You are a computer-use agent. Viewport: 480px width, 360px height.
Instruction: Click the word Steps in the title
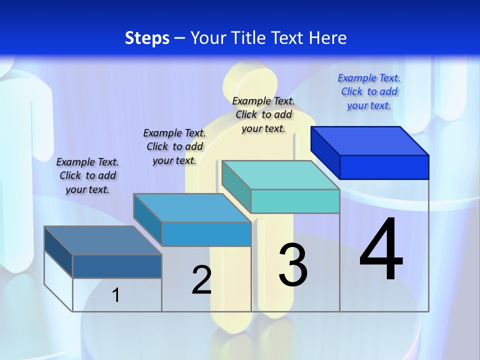click(x=147, y=38)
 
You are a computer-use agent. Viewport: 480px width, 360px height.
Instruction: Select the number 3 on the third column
click(x=293, y=265)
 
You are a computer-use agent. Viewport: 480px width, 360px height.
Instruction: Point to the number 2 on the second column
click(x=201, y=280)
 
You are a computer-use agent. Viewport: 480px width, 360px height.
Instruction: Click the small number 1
click(x=115, y=295)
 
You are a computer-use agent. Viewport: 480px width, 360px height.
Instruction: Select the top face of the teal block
click(x=280, y=175)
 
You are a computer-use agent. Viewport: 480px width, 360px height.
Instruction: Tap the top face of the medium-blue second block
click(x=192, y=208)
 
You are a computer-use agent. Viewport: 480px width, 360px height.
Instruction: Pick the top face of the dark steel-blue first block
click(x=103, y=240)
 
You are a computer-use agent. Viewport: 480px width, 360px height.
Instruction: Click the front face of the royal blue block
click(x=384, y=167)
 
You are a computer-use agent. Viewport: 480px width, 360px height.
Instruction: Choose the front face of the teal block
click(x=295, y=201)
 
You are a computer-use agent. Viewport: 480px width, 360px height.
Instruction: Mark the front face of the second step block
click(x=206, y=234)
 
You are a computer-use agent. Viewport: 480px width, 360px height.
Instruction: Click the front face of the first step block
click(x=117, y=266)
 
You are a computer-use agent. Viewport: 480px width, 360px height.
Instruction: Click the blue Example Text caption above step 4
click(x=369, y=91)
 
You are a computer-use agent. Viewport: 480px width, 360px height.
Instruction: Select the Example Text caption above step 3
click(x=263, y=114)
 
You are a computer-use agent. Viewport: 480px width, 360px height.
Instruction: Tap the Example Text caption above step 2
click(x=174, y=146)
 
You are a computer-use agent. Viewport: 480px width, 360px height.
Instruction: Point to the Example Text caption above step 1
click(x=87, y=175)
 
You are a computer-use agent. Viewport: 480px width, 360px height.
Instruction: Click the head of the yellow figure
click(x=250, y=80)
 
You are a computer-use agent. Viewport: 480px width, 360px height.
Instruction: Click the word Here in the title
click(x=328, y=38)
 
